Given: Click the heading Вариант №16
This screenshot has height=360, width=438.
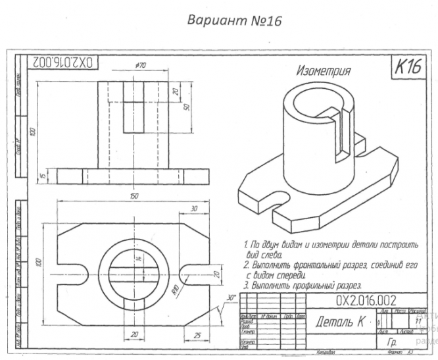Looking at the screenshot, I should (x=235, y=20).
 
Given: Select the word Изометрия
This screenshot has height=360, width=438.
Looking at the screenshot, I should (x=324, y=70).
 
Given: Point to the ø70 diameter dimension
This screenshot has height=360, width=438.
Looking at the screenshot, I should (x=139, y=66).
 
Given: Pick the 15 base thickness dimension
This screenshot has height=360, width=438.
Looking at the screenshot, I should (x=41, y=175).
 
